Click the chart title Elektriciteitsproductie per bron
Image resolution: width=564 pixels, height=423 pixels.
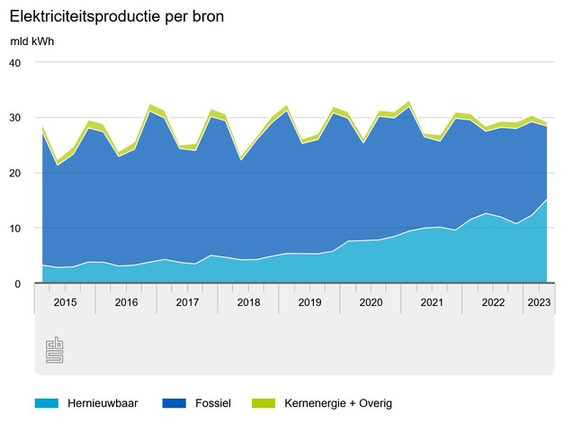[117, 16]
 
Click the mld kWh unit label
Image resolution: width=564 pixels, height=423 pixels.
[32, 42]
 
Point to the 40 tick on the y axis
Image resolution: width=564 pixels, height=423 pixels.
[13, 62]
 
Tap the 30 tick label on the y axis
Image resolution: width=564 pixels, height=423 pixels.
[13, 118]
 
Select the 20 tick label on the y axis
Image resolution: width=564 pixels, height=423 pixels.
[13, 173]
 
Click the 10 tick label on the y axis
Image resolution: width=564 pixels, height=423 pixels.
[13, 229]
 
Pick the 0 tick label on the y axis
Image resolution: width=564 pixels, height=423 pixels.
[16, 283]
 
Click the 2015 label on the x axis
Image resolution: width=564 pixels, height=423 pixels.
[65, 302]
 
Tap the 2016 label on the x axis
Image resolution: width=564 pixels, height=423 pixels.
[126, 302]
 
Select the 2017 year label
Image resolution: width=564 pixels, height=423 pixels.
[187, 302]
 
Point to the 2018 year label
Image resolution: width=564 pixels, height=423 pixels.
[248, 302]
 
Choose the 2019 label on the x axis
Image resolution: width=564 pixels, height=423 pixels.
[309, 302]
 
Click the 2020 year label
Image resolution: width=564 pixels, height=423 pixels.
[371, 302]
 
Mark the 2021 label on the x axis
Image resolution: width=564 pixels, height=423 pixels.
[432, 302]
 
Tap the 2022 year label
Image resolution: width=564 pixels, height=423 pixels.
[493, 302]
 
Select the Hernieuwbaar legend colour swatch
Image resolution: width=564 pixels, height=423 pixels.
[47, 403]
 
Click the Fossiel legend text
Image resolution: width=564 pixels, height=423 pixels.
[213, 403]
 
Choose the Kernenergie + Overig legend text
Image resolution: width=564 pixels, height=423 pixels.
[338, 403]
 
